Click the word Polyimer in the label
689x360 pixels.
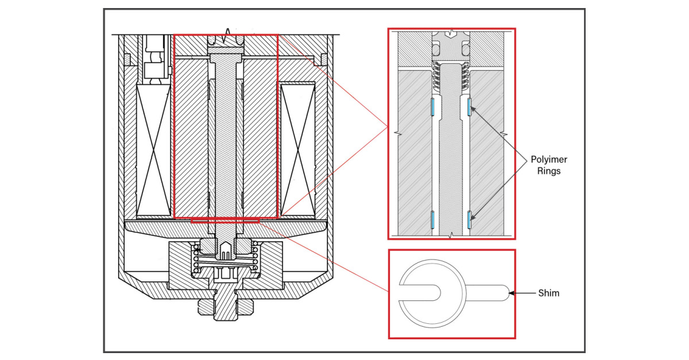pos(549,160)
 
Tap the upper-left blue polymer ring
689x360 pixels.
pos(432,106)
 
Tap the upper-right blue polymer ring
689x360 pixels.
pos(470,106)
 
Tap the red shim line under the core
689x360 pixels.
pos(226,219)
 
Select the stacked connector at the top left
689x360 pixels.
pos(154,57)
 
